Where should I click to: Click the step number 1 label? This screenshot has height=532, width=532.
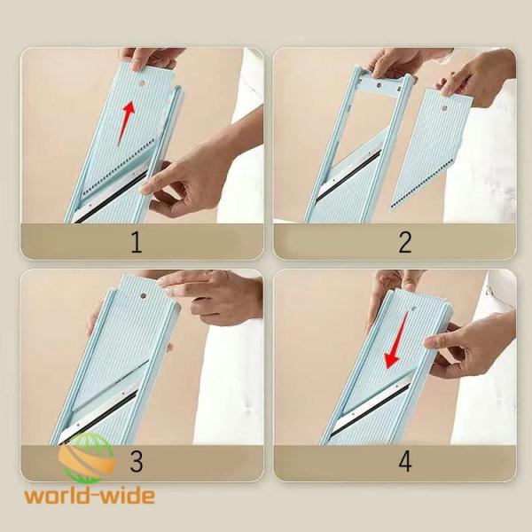[136, 242]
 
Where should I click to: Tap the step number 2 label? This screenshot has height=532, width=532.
[405, 242]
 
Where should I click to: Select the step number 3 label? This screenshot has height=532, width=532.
[136, 461]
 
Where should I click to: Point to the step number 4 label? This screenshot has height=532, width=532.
[405, 461]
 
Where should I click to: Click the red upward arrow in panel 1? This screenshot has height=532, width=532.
[126, 122]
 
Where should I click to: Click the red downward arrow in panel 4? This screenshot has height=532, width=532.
[396, 340]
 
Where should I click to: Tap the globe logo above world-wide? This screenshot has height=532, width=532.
[87, 458]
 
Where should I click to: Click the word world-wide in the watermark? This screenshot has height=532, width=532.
[90, 497]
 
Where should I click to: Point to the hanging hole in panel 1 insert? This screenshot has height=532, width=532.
[142, 82]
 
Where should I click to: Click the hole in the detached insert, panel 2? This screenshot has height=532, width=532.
[444, 108]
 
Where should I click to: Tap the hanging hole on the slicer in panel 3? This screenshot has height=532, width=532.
[143, 295]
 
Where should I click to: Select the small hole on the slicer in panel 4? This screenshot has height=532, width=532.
[414, 309]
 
